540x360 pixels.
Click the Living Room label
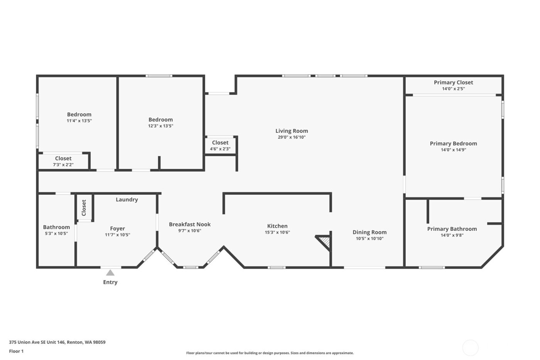(x=292, y=131)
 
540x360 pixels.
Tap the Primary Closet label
(x=453, y=82)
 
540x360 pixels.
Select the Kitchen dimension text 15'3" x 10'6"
(x=277, y=232)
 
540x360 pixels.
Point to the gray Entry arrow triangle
(x=110, y=273)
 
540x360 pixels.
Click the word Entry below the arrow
(x=110, y=282)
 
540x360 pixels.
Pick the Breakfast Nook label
(x=190, y=224)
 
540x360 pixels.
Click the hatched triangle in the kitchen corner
(x=325, y=242)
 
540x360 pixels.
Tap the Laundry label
(x=127, y=199)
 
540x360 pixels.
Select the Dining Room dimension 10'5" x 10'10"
(x=370, y=238)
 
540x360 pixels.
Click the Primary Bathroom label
(x=452, y=229)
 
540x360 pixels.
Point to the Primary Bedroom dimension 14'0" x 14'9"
(x=454, y=150)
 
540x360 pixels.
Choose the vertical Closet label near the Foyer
(x=84, y=208)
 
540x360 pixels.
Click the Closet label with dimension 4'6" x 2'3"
(x=220, y=143)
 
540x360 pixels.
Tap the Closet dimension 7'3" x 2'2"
(x=63, y=165)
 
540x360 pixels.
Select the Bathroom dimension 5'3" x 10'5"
(x=56, y=233)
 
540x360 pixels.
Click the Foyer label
(x=117, y=228)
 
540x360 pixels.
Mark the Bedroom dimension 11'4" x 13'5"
(x=79, y=121)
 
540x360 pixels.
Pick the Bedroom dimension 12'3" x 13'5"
(x=160, y=126)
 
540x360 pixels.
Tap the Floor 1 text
(x=16, y=351)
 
